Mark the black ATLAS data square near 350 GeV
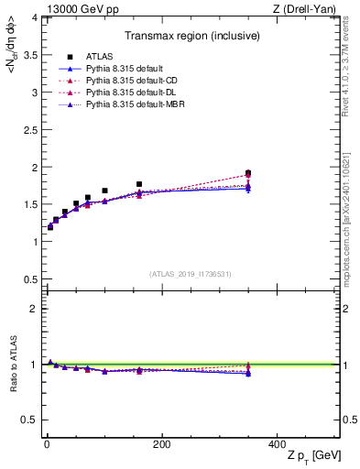click(x=248, y=172)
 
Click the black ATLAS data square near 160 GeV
click(x=139, y=184)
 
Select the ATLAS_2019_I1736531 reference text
click(x=190, y=273)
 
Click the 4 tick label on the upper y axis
click(x=29, y=17)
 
